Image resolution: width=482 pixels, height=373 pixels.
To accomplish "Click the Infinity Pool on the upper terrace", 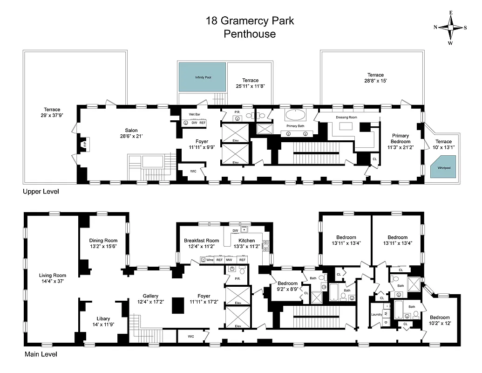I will [x=203, y=77].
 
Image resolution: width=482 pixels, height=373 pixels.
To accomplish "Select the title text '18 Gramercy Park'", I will [x=250, y=21].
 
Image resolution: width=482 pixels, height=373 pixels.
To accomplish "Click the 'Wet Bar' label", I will [x=194, y=114].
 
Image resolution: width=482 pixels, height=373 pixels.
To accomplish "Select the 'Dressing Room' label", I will [x=346, y=117].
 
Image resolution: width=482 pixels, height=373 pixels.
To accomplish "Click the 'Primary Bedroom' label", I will [x=400, y=138].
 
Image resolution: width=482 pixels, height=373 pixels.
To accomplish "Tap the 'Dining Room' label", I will [x=103, y=241].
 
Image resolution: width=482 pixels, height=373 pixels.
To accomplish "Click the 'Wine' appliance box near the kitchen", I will [x=210, y=260].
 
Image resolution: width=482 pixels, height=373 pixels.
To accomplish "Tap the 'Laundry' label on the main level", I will [x=376, y=314].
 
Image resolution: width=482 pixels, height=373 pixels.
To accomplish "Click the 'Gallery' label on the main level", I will [x=150, y=296].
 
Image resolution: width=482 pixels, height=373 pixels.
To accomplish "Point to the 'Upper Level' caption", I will [x=41, y=192].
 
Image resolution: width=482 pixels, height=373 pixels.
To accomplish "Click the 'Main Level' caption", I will [x=41, y=354].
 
